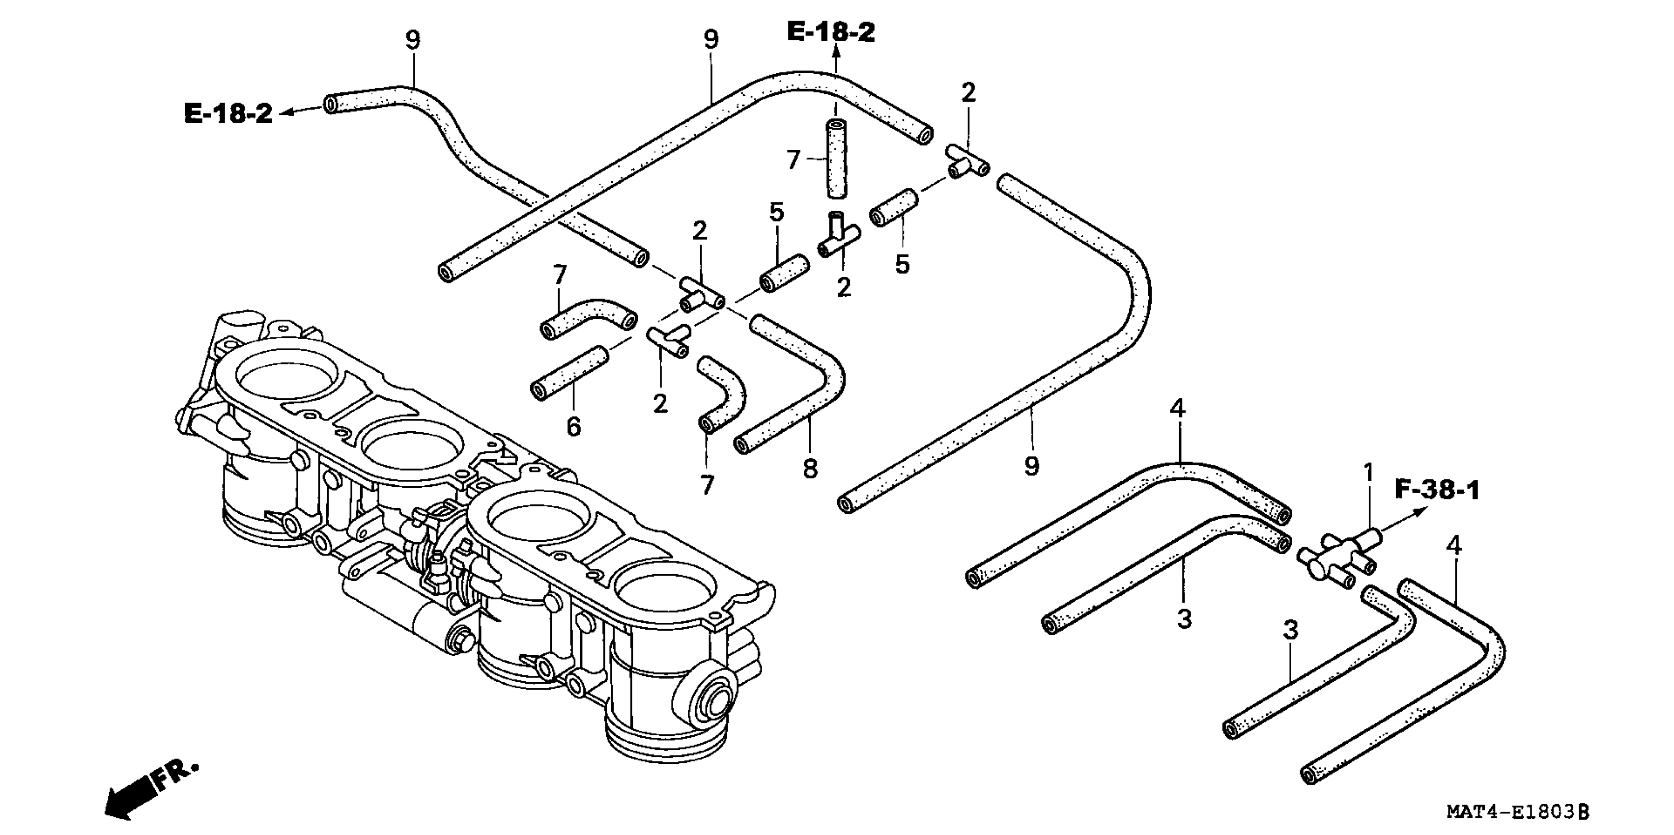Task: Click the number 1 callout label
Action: tap(1368, 473)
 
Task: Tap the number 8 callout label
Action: tap(810, 469)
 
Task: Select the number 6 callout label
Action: tap(573, 427)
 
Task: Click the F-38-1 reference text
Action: tap(1437, 490)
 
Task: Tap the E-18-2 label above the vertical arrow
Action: tap(831, 32)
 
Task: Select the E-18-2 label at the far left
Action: tap(228, 114)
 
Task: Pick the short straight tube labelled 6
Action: tap(570, 374)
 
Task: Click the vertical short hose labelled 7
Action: tap(837, 159)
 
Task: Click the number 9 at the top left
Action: tap(413, 40)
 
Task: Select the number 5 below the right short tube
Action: tap(902, 264)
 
